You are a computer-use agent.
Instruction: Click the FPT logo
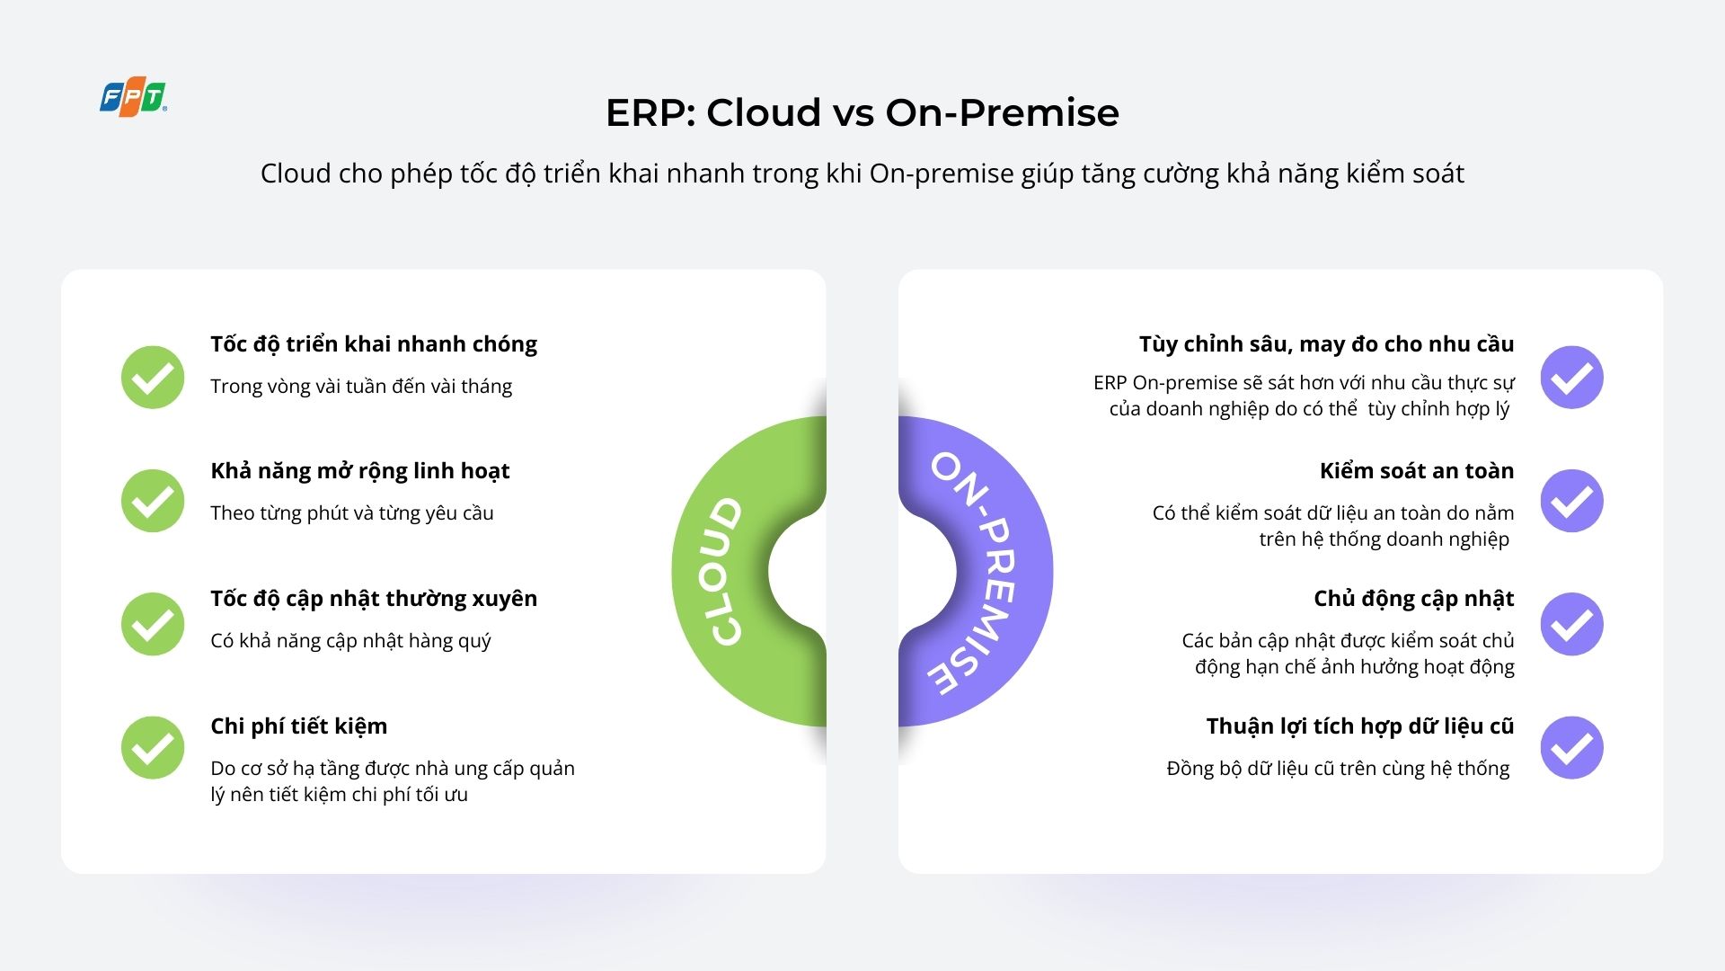click(133, 99)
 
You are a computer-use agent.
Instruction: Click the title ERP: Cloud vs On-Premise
click(862, 113)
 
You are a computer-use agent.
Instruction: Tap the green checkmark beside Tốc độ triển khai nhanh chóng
click(153, 378)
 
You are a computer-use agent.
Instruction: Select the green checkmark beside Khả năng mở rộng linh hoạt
click(153, 501)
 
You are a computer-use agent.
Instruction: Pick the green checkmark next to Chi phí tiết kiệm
click(153, 747)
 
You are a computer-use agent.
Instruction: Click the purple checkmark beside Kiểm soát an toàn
click(1571, 501)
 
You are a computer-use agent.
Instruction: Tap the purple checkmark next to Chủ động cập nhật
click(1571, 624)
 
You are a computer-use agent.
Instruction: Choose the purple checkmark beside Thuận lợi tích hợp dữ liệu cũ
click(1571, 747)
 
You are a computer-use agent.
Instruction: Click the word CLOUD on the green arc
click(726, 572)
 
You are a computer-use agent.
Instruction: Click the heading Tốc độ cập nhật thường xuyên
click(374, 599)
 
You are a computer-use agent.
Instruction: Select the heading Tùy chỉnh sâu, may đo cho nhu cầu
click(1326, 344)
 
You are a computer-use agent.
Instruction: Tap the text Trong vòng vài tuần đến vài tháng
click(361, 387)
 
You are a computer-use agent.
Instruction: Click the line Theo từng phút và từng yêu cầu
click(352, 513)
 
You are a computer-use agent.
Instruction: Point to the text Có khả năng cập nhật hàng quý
click(350, 641)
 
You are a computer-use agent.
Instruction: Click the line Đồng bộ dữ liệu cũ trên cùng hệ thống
click(1338, 769)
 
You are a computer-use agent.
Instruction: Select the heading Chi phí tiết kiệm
click(298, 726)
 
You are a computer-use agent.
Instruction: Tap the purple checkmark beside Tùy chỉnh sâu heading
click(1571, 378)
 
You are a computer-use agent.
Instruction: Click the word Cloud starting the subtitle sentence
click(295, 174)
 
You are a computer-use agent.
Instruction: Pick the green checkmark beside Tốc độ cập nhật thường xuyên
click(153, 624)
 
